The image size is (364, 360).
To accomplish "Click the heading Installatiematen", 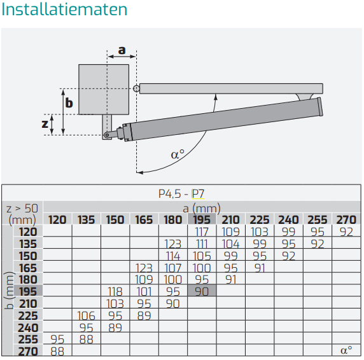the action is pos(64,10).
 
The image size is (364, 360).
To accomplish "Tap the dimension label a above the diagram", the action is pos(122,50).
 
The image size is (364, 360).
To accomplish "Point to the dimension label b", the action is pos(69,103).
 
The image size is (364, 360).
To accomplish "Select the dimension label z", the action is pos(45,123).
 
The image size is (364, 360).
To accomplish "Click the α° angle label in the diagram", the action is pos(178,155).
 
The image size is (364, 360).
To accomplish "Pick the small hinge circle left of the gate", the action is pos(136,88).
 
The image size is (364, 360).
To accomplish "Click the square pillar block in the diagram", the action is pos(104,90).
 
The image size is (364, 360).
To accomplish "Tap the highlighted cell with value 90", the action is pos(202,291).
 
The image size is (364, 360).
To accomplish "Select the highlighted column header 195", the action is pos(202,219).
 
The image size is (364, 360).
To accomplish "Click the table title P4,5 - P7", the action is pos(181,194).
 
